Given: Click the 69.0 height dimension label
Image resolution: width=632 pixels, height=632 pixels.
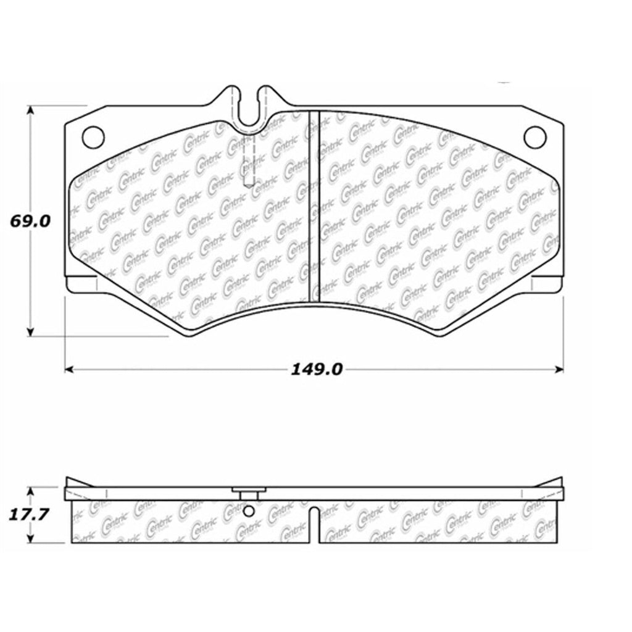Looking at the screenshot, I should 27,221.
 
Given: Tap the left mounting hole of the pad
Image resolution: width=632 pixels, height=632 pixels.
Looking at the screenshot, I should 93,137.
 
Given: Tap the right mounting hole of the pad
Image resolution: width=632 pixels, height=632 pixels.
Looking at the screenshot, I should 534,137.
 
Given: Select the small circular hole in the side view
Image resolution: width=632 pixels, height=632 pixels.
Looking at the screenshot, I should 248,512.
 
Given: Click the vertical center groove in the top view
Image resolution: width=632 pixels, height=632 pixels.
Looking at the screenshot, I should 314,207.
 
